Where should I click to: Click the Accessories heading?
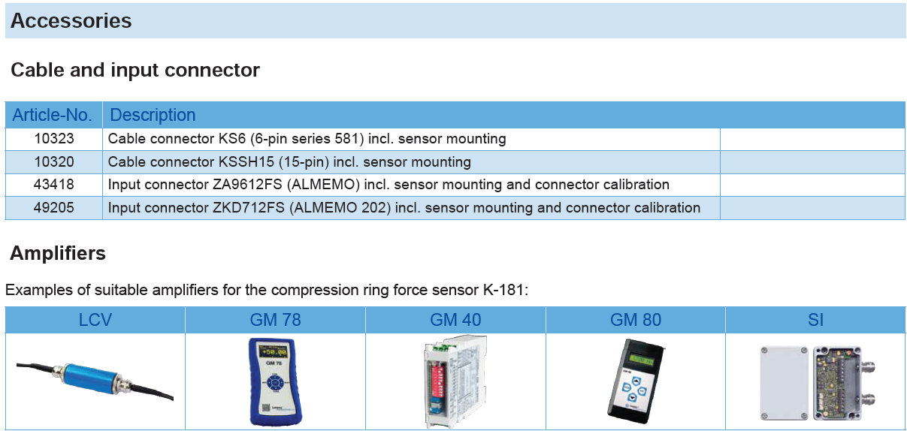pyautogui.click(x=71, y=20)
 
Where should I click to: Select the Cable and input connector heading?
pyautogui.click(x=135, y=70)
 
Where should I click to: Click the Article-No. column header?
pyautogui.click(x=53, y=115)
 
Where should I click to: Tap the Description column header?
pyautogui.click(x=153, y=115)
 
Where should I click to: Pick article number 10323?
pyautogui.click(x=54, y=138)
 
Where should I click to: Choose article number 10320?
pyautogui.click(x=54, y=162)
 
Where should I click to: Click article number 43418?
pyautogui.click(x=54, y=185)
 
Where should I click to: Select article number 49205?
pyautogui.click(x=54, y=207)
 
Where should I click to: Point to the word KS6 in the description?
pyautogui.click(x=232, y=138)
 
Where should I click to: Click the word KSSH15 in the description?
pyautogui.click(x=246, y=162)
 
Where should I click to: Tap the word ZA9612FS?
pyautogui.click(x=247, y=185)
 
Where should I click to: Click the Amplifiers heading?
pyautogui.click(x=58, y=253)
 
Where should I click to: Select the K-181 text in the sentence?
pyautogui.click(x=505, y=290)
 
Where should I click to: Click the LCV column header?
pyautogui.click(x=95, y=320)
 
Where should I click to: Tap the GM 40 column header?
pyautogui.click(x=455, y=320)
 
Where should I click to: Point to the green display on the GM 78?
pyautogui.click(x=273, y=351)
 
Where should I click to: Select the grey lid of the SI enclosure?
pyautogui.click(x=784, y=383)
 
